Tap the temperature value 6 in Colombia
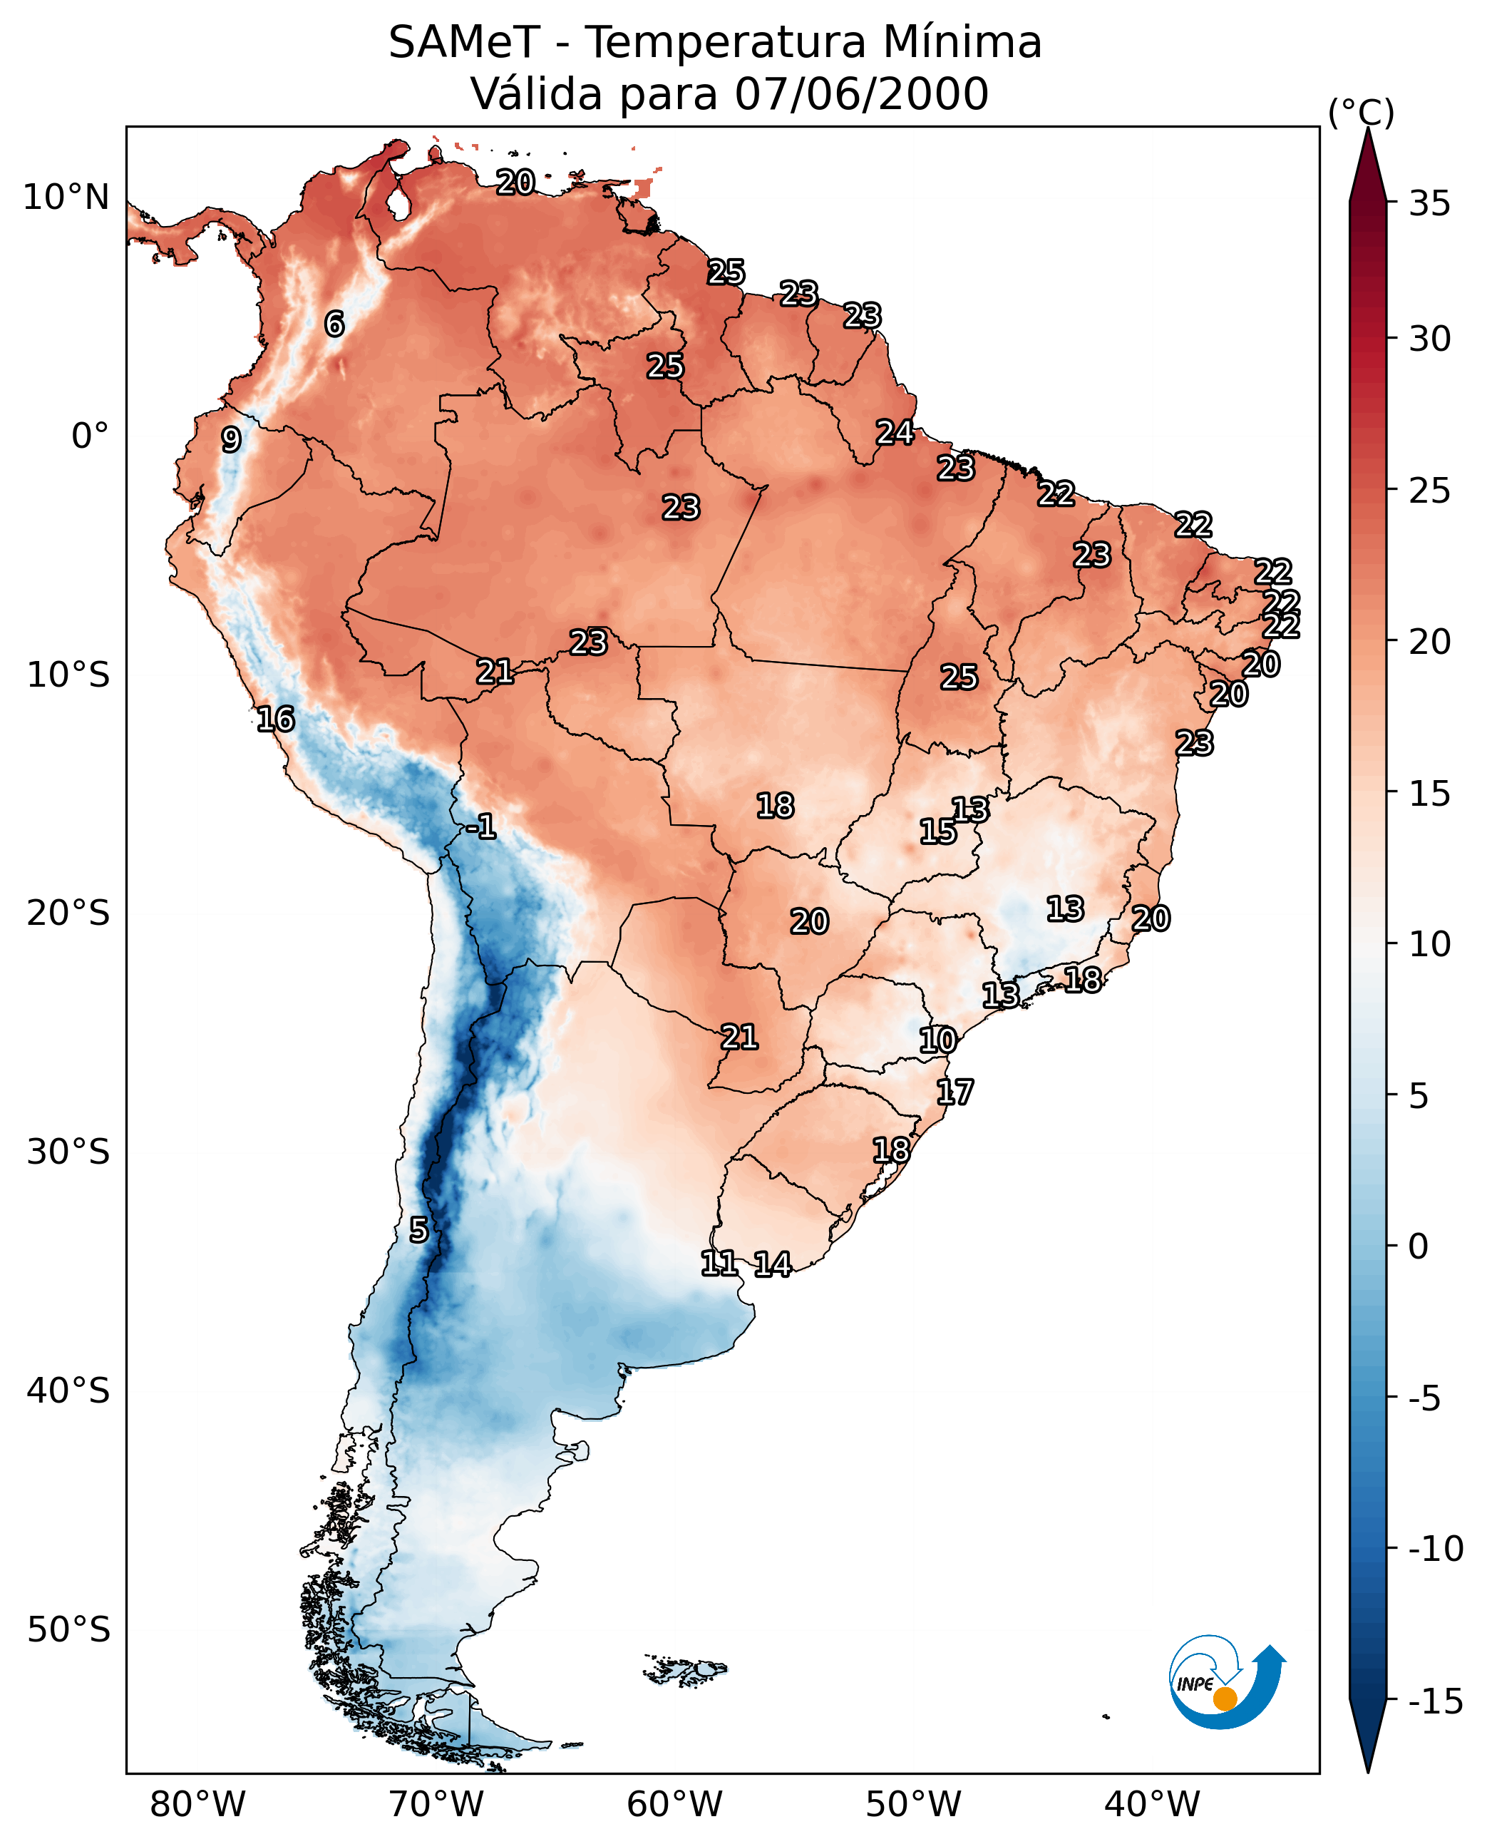coord(335,324)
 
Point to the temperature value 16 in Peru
coord(276,719)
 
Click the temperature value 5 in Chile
coord(418,1231)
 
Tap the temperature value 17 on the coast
coord(955,1092)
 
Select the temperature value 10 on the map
coord(937,1040)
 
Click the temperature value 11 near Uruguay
coord(719,1263)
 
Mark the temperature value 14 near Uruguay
coord(773,1265)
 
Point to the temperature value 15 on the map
coord(938,831)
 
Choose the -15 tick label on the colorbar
coord(1435,1702)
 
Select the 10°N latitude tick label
coord(66,198)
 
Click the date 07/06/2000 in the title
coord(861,94)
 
